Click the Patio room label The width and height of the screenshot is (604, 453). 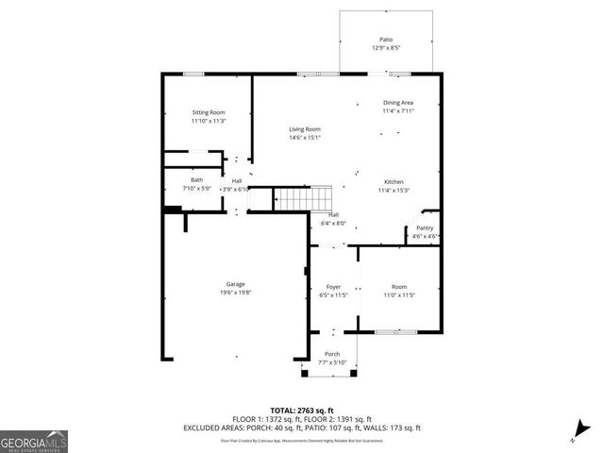coord(386,39)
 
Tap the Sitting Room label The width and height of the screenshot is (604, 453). coord(208,111)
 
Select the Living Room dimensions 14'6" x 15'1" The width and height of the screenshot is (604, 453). coord(305,138)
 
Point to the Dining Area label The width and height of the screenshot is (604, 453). coord(397,102)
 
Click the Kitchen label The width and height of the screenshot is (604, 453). coord(394,181)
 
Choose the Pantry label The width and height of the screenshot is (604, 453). coord(425,227)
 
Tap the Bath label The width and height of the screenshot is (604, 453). coord(196,180)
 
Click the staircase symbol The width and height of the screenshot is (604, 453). coord(305,199)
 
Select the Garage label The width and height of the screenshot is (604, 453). coord(236,284)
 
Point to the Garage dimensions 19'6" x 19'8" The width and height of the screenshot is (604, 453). coord(236,293)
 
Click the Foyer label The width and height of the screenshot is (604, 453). coord(333,286)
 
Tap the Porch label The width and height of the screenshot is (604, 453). coord(333,354)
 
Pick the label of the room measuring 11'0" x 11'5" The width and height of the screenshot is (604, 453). coord(399,286)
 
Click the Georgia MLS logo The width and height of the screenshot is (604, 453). coord(34,440)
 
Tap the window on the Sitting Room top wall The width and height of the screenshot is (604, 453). coord(194,74)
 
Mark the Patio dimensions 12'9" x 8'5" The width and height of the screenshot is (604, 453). coord(386,47)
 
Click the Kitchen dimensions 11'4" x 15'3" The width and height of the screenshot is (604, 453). coord(394,190)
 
